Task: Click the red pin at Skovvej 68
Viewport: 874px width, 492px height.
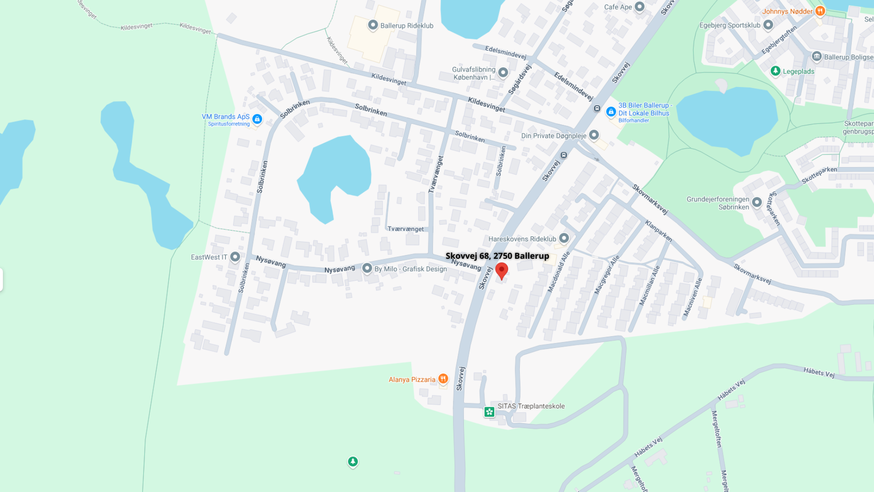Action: coord(501,270)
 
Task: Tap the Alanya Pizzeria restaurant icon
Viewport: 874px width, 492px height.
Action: coord(443,379)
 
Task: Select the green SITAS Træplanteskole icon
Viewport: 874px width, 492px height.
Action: coord(489,412)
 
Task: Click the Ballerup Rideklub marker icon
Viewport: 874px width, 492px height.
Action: coord(373,25)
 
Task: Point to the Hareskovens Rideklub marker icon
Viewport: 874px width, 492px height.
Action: coord(564,238)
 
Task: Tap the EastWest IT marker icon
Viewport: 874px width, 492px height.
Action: coord(235,257)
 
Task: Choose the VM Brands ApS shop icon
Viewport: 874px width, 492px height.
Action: coord(257,119)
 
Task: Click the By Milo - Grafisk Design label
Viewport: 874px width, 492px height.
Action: coord(411,269)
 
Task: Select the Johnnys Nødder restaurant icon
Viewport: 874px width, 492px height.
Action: coord(820,11)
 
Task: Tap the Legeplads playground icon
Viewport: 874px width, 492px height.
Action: coord(775,71)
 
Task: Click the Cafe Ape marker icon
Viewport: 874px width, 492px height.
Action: coord(640,7)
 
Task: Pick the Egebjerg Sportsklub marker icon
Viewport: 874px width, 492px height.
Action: coord(768,25)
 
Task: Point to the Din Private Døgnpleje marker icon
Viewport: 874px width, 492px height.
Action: coord(594,135)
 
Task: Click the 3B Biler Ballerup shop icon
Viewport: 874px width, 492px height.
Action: coord(611,112)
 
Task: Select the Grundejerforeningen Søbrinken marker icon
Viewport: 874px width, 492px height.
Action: coord(757,202)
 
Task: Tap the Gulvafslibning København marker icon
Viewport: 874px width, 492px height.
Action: coord(503,72)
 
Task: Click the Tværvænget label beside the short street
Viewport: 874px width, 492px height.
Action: coord(406,229)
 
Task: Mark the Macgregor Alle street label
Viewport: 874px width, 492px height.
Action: coord(607,275)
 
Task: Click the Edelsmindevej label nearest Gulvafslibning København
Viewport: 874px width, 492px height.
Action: coord(505,52)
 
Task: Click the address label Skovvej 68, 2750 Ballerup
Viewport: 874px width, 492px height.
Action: coord(497,256)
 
